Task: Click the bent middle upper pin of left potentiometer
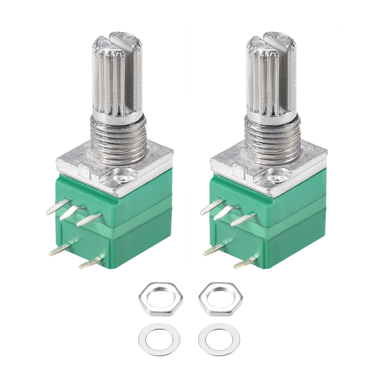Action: [x=72, y=213]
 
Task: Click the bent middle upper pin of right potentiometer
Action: [x=226, y=213]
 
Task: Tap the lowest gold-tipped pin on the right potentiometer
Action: [x=245, y=263]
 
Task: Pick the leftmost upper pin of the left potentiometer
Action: [x=56, y=208]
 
